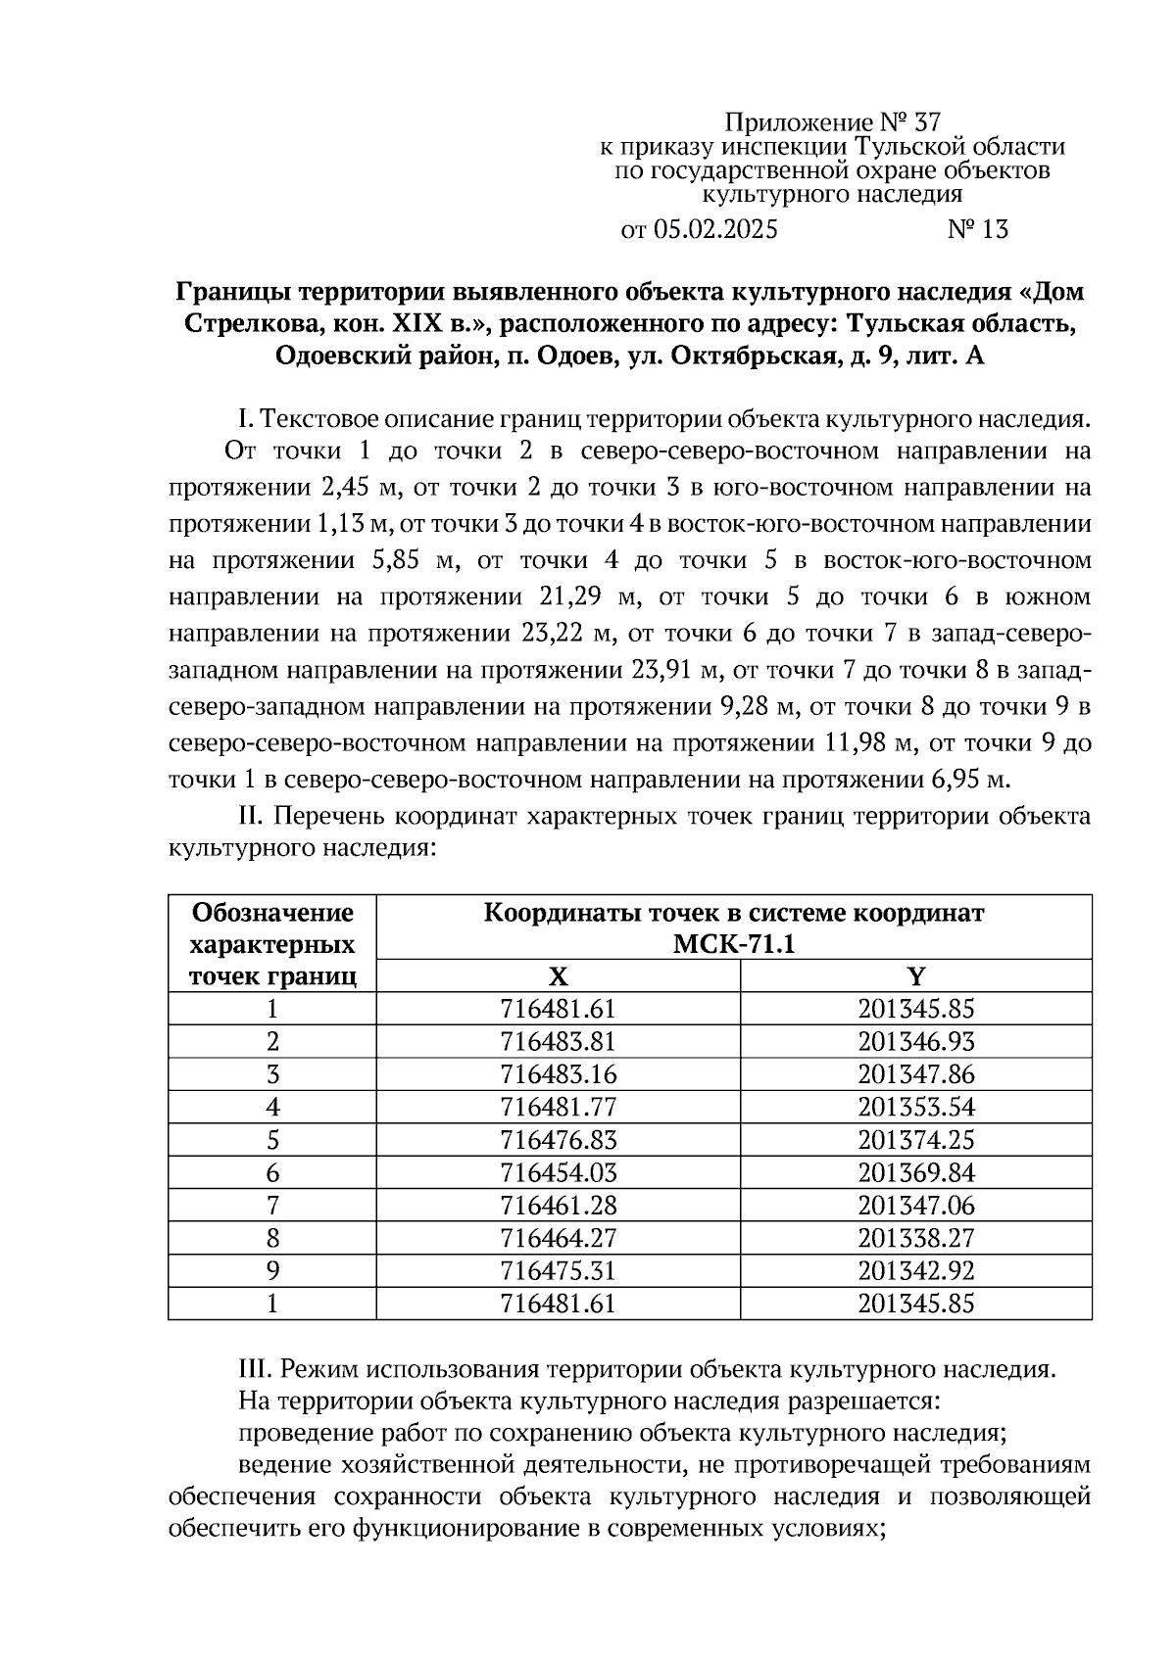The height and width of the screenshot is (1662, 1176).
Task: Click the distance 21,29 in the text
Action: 575,597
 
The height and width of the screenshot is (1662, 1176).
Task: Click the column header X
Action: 558,976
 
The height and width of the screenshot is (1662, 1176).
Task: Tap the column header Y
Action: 916,976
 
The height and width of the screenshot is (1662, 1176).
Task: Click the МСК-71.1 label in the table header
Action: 734,944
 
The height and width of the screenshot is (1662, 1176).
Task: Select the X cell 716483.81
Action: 558,1042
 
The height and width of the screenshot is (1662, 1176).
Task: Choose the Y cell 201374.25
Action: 916,1140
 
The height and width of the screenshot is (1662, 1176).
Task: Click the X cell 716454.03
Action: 558,1172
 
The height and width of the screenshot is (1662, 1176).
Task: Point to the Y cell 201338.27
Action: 916,1238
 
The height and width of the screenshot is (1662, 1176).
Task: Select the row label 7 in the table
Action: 272,1206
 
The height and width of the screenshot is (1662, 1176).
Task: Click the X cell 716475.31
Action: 558,1270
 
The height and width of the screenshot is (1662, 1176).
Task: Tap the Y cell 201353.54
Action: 916,1108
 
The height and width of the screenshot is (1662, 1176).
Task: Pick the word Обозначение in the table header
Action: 272,914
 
